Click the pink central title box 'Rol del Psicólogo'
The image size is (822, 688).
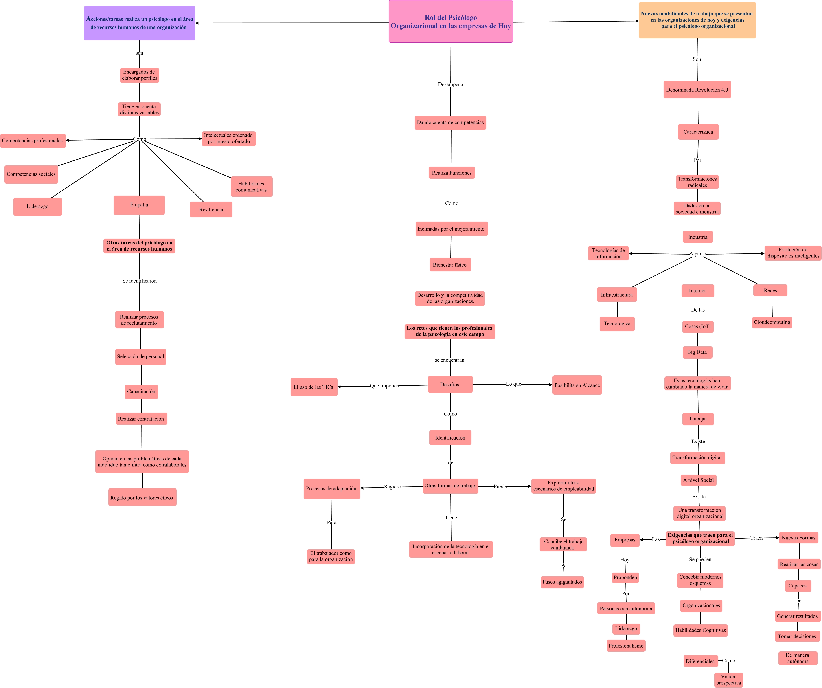click(x=451, y=22)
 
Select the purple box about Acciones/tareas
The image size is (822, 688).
click(x=139, y=23)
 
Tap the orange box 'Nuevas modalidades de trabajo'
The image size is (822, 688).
click(x=697, y=20)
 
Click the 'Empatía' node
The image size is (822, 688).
click(x=139, y=205)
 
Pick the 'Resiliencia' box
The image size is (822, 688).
click(x=211, y=209)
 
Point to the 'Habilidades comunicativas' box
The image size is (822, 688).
click(x=251, y=187)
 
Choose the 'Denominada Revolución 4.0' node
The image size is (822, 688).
click(x=697, y=90)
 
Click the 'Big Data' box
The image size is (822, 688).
click(x=697, y=352)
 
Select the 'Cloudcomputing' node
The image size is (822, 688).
click(x=772, y=322)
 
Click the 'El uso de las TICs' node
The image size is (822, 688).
click(x=313, y=387)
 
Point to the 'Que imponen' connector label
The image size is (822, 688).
click(x=384, y=386)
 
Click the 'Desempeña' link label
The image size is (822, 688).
click(x=451, y=84)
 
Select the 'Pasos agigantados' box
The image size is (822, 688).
click(x=562, y=582)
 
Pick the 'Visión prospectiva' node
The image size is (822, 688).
click(x=728, y=680)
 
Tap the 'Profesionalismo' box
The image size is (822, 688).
click(x=626, y=646)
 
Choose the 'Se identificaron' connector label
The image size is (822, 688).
click(x=139, y=281)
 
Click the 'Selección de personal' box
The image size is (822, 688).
click(x=140, y=357)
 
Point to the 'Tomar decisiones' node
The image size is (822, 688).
click(x=797, y=636)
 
